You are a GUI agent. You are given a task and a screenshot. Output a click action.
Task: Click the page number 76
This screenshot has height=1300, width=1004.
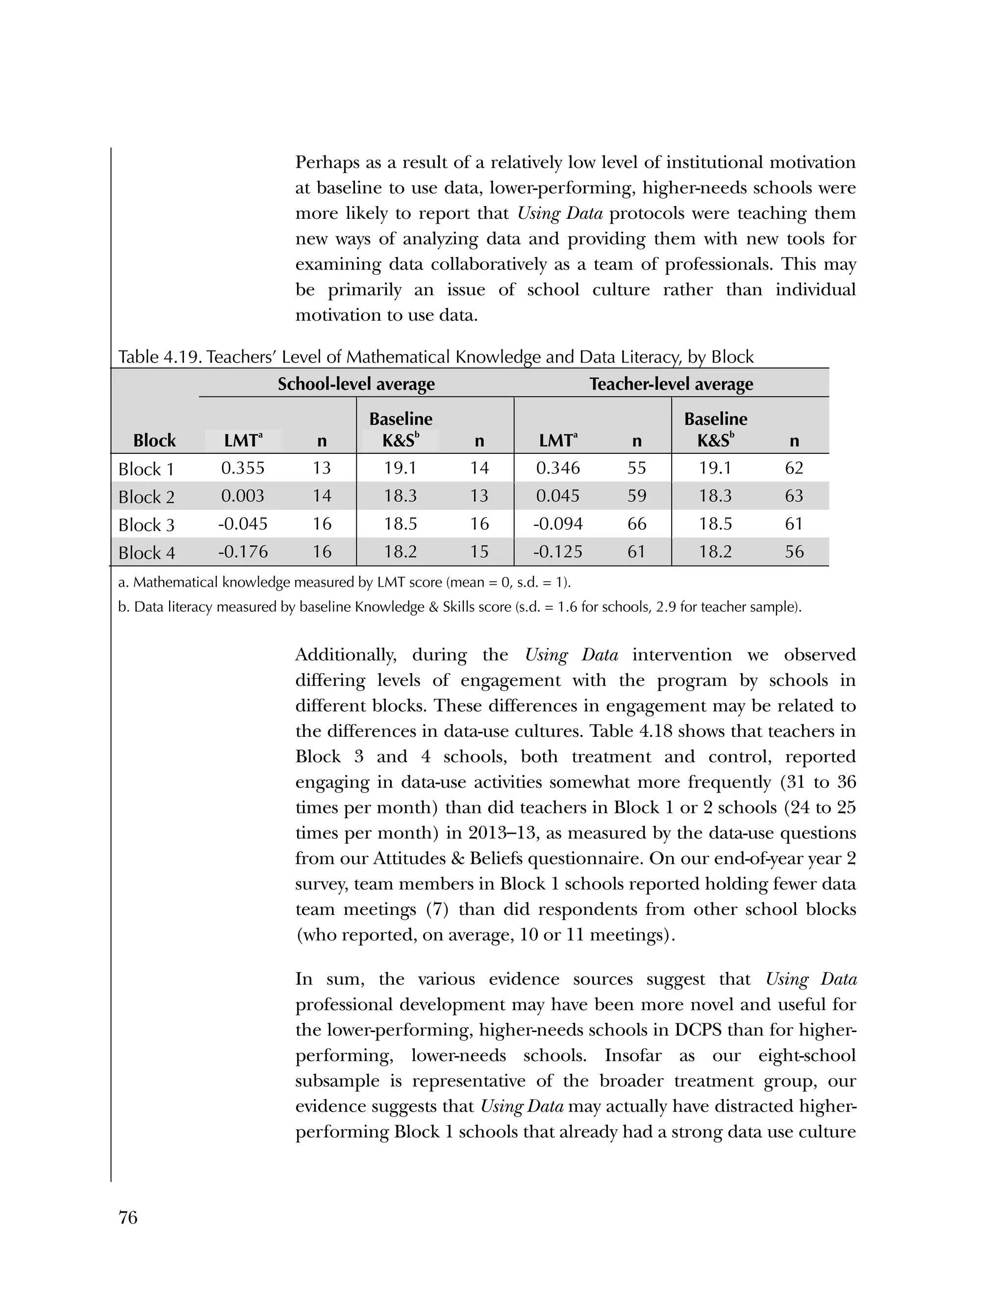tap(128, 1217)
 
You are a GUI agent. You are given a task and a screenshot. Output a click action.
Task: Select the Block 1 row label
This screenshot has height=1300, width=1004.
tap(146, 469)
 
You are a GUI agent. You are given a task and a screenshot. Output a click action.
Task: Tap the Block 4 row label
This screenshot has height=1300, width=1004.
tap(146, 552)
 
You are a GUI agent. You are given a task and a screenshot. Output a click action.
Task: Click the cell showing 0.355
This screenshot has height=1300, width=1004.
tap(243, 468)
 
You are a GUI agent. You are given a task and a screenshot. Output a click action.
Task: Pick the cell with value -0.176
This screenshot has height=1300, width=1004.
tap(243, 551)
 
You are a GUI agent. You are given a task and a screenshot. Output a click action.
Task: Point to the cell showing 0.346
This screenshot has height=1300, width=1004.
tap(557, 468)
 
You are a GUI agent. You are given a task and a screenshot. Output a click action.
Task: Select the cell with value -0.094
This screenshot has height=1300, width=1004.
tap(557, 524)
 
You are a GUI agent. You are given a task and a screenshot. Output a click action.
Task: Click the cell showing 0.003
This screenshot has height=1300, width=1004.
tap(243, 496)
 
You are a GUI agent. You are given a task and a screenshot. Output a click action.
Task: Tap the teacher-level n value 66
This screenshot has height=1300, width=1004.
tap(636, 524)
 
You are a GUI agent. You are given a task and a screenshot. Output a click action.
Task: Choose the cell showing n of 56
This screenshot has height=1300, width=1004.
tap(794, 551)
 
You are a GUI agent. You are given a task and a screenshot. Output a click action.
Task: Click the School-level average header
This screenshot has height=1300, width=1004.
tap(356, 384)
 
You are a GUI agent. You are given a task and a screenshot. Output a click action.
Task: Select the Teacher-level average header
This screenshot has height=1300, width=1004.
tap(671, 384)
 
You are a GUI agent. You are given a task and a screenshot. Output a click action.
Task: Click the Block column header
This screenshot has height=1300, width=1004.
tap(154, 441)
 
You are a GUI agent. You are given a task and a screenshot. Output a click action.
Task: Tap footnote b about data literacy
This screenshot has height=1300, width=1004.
tap(459, 607)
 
